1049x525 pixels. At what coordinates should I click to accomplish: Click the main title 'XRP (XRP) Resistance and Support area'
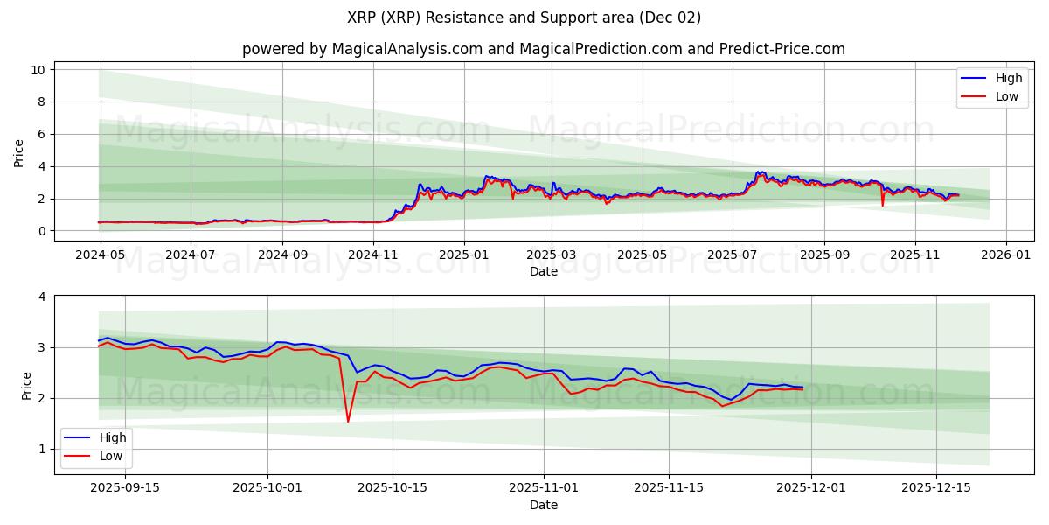pyautogui.click(x=524, y=17)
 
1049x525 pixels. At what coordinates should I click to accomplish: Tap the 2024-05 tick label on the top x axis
pyautogui.click(x=101, y=255)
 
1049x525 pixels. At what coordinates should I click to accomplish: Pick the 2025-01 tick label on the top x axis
pyautogui.click(x=463, y=255)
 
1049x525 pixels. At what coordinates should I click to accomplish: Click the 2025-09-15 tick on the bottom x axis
pyautogui.click(x=125, y=487)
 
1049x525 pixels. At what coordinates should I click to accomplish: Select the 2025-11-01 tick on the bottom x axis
pyautogui.click(x=544, y=487)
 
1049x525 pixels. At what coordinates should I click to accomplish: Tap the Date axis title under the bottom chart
pyautogui.click(x=543, y=505)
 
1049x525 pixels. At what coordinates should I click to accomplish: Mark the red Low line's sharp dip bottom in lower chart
pyautogui.click(x=348, y=422)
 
